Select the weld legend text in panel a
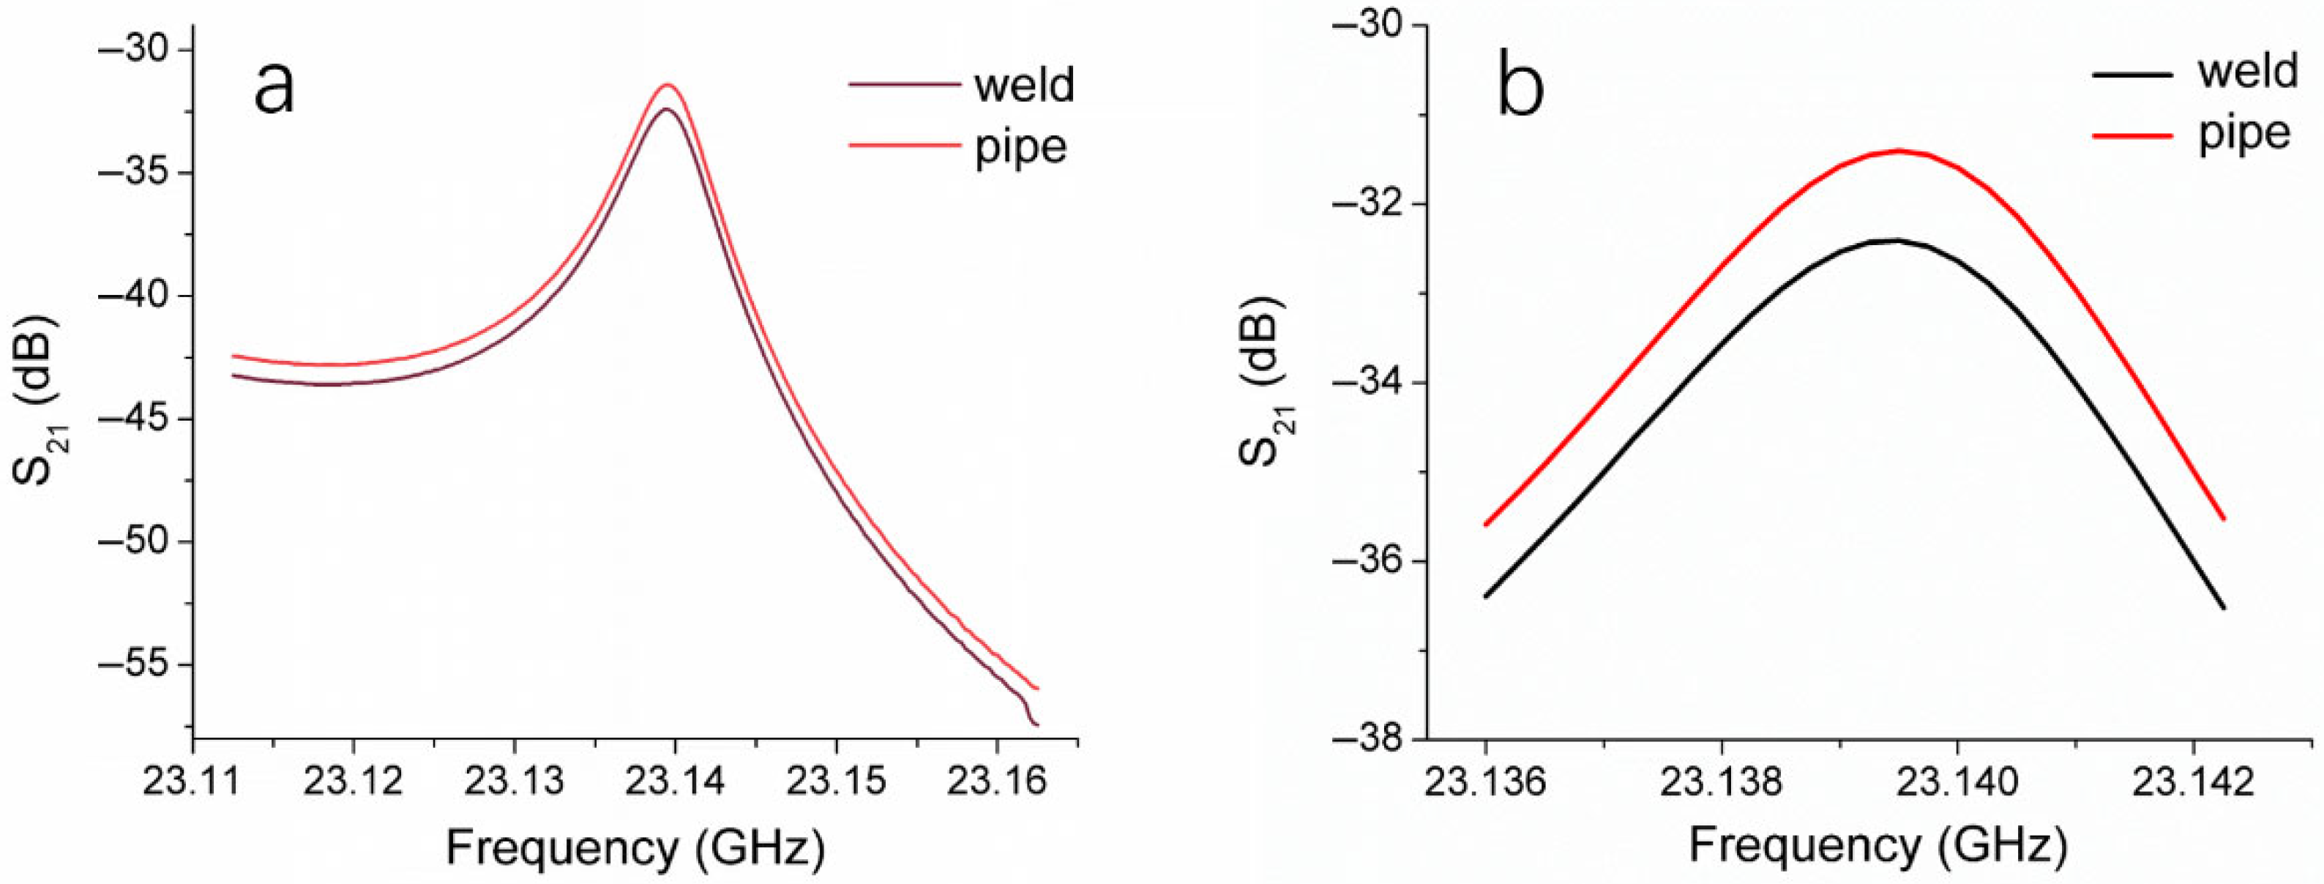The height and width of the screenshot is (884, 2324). tap(1024, 85)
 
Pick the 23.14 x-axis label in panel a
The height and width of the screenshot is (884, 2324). tap(674, 781)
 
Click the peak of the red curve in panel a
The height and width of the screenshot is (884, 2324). tap(668, 85)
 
